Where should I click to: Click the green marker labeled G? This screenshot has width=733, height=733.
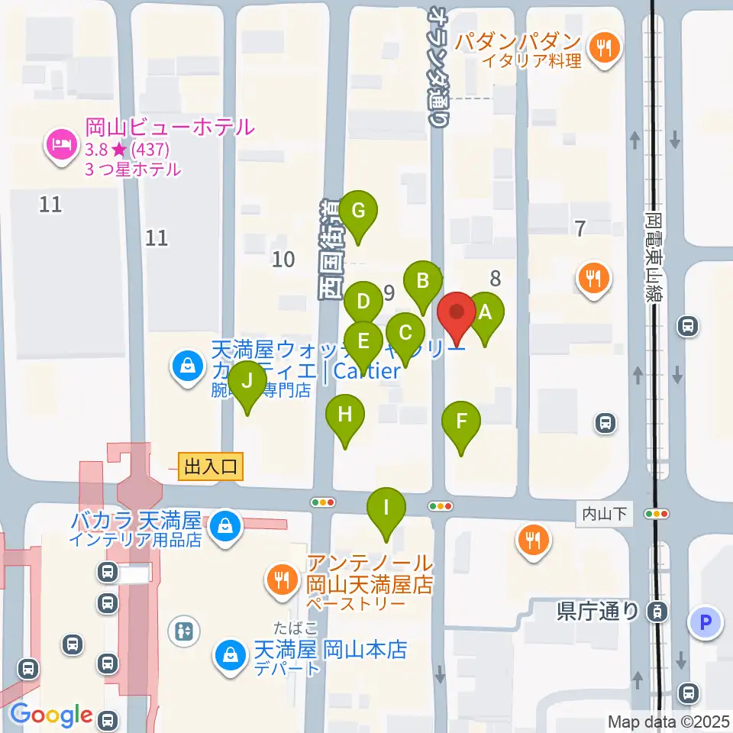point(358,209)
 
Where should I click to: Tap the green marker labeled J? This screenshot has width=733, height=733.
point(247,381)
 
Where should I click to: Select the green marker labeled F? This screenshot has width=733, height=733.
point(461,421)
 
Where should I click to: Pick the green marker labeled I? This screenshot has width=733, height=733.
point(387,508)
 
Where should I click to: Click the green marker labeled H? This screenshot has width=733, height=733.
point(345,415)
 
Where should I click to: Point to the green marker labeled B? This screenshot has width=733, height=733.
point(422,280)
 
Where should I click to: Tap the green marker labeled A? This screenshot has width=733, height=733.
point(486,313)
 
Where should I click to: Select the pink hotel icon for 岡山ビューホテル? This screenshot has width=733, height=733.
point(60,145)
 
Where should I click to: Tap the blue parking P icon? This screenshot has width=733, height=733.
point(705,622)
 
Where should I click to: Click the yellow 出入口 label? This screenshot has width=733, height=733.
point(211,466)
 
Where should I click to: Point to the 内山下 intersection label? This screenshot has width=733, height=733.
point(603,514)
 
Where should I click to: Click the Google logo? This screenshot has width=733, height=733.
point(52,714)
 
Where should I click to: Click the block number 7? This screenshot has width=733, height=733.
point(580,228)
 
